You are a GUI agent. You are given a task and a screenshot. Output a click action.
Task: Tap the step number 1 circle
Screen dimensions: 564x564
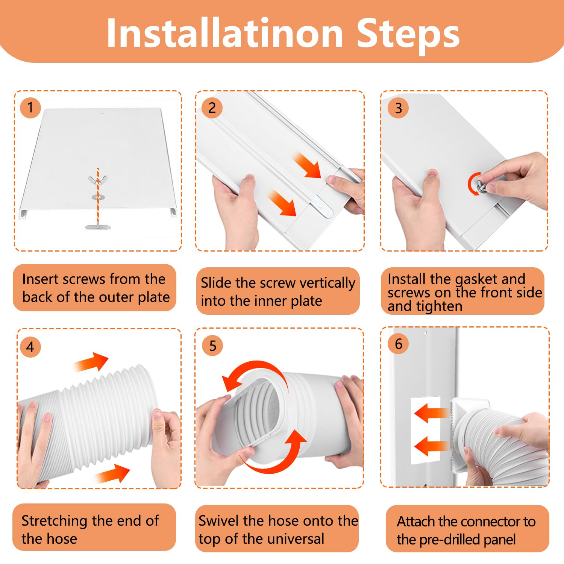pyautogui.click(x=30, y=108)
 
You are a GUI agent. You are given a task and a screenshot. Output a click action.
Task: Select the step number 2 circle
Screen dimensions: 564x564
pyautogui.click(x=212, y=108)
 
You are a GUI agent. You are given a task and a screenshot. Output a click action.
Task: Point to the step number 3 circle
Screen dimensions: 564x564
pyautogui.click(x=398, y=108)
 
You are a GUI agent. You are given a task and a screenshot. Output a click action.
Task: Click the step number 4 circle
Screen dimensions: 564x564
pyautogui.click(x=30, y=347)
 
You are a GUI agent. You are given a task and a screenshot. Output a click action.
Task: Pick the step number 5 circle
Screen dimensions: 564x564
pyautogui.click(x=212, y=346)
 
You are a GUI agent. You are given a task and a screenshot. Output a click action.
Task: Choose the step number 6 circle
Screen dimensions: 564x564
pyautogui.click(x=399, y=344)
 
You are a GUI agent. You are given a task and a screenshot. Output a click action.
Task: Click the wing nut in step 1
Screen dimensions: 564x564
pyautogui.click(x=97, y=180)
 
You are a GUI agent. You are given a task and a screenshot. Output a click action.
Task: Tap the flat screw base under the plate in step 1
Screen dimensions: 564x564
pyautogui.click(x=98, y=227)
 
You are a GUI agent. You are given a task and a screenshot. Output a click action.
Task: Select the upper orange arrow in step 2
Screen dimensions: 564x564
pyautogui.click(x=306, y=164)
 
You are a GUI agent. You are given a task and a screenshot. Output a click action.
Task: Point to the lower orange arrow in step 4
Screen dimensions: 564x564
pyautogui.click(x=112, y=473)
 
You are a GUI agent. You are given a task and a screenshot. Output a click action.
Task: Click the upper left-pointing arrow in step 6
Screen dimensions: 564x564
pyautogui.click(x=431, y=413)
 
